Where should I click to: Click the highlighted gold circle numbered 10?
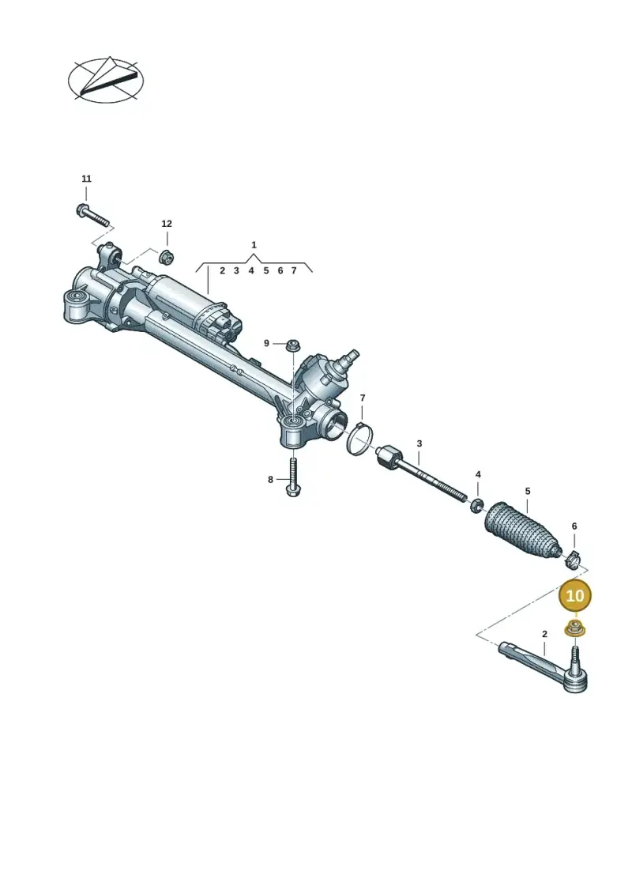575,595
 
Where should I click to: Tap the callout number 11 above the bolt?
86,179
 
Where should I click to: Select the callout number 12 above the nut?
167,224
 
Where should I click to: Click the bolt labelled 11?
92,214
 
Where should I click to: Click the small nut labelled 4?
478,504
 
